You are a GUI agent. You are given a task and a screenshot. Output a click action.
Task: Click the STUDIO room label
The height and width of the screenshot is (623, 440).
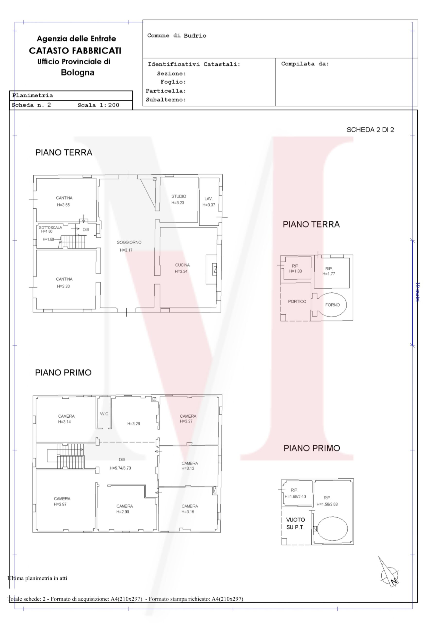click(179, 196)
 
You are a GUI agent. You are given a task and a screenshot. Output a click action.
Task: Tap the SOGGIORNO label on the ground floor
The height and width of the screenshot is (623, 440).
click(129, 242)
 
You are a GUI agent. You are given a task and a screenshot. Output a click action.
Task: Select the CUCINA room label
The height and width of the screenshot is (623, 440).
click(182, 265)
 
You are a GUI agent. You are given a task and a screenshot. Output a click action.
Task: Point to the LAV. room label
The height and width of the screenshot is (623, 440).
click(209, 199)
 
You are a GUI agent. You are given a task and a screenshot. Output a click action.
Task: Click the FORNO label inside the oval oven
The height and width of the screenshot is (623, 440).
click(332, 305)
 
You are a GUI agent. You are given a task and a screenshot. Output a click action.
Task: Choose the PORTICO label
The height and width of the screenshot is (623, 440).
click(297, 301)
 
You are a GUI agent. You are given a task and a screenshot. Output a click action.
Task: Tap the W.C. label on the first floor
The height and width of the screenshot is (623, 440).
click(104, 414)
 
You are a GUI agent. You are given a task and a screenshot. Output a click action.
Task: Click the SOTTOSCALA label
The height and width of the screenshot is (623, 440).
click(50, 227)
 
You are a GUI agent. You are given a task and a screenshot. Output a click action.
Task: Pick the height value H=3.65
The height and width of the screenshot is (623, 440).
click(63, 205)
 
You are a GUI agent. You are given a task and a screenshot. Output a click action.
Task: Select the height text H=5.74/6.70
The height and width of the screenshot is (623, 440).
click(120, 468)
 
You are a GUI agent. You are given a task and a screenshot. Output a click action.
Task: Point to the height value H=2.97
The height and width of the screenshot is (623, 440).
click(60, 504)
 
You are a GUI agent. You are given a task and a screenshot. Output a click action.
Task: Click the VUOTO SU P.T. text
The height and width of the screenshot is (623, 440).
click(296, 523)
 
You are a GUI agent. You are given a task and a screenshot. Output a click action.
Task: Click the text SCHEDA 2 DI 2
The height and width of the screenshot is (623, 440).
click(370, 130)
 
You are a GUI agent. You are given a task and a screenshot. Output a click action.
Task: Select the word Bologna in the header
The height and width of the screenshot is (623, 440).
click(78, 73)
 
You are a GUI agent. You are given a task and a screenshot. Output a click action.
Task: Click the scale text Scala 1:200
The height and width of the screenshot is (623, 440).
click(98, 105)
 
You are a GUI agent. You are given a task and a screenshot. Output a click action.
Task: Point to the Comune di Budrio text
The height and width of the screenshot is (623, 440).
click(177, 36)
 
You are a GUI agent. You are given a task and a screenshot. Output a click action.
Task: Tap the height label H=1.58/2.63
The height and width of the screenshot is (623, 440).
click(327, 504)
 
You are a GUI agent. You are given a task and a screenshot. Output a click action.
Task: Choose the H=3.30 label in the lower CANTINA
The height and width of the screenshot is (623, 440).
click(63, 286)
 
